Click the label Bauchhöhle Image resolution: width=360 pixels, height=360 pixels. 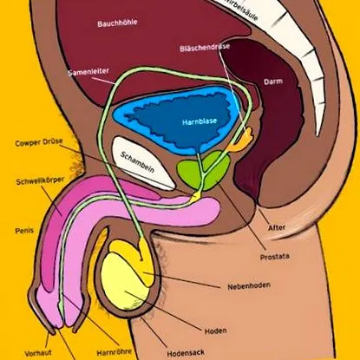pyautogui.click(x=117, y=23)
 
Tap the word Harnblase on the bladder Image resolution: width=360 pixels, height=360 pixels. pyautogui.click(x=200, y=121)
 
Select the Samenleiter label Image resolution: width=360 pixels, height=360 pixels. pyautogui.click(x=88, y=71)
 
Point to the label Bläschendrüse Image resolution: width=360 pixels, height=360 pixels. pyautogui.click(x=205, y=48)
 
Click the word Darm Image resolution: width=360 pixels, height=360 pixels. pyautogui.click(x=273, y=82)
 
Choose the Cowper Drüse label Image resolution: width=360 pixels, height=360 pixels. pyautogui.click(x=39, y=142)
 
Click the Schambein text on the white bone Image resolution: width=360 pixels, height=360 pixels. pyautogui.click(x=137, y=162)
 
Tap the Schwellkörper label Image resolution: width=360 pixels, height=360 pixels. pyautogui.click(x=40, y=181)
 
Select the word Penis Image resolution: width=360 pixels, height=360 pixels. pyautogui.click(x=24, y=231)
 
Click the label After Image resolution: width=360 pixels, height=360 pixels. pyautogui.click(x=277, y=228)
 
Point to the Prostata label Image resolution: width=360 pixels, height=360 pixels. pyautogui.click(x=275, y=257)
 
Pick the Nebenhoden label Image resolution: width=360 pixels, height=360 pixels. pyautogui.click(x=249, y=286)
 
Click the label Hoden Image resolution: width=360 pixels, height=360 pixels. pyautogui.click(x=215, y=331)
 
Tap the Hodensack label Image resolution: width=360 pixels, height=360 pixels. pyautogui.click(x=186, y=353)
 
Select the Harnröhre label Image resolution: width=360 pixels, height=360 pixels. pyautogui.click(x=114, y=352)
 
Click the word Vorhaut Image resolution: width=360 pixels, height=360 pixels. pyautogui.click(x=38, y=353)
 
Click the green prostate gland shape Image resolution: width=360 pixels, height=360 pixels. pyautogui.click(x=204, y=172)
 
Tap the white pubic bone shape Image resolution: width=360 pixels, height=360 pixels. pyautogui.click(x=144, y=163)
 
